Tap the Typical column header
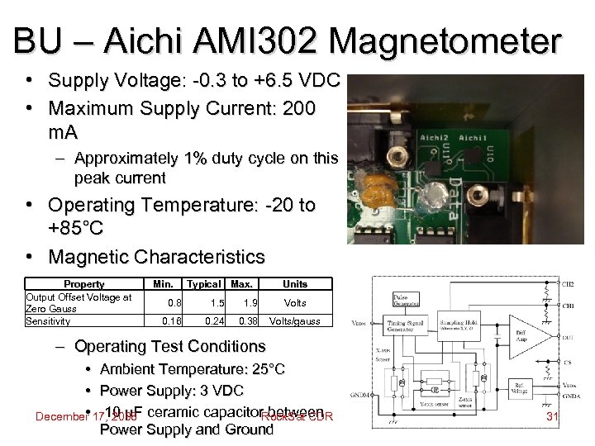[x=203, y=283]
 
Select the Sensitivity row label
[x=48, y=320]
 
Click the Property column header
[x=83, y=283]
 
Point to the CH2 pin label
[x=568, y=284]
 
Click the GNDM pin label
[x=361, y=395]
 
